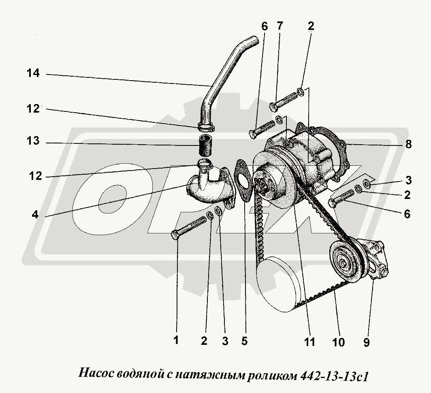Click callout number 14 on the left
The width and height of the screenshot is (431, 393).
pyautogui.click(x=33, y=73)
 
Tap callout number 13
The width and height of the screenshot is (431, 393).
pyautogui.click(x=33, y=142)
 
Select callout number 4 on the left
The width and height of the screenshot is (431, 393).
pyautogui.click(x=35, y=214)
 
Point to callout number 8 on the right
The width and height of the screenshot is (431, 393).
pyautogui.click(x=408, y=144)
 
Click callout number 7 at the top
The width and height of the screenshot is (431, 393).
pyautogui.click(x=280, y=26)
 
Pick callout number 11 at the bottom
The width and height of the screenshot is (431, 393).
pyautogui.click(x=309, y=342)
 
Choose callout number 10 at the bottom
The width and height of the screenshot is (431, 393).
pyautogui.click(x=338, y=342)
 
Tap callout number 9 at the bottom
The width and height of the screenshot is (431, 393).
pyautogui.click(x=367, y=342)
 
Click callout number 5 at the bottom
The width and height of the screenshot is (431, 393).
pyautogui.click(x=244, y=341)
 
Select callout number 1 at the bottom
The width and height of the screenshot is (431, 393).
pyautogui.click(x=176, y=340)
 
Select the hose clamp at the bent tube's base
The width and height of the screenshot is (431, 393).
pyautogui.click(x=206, y=127)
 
